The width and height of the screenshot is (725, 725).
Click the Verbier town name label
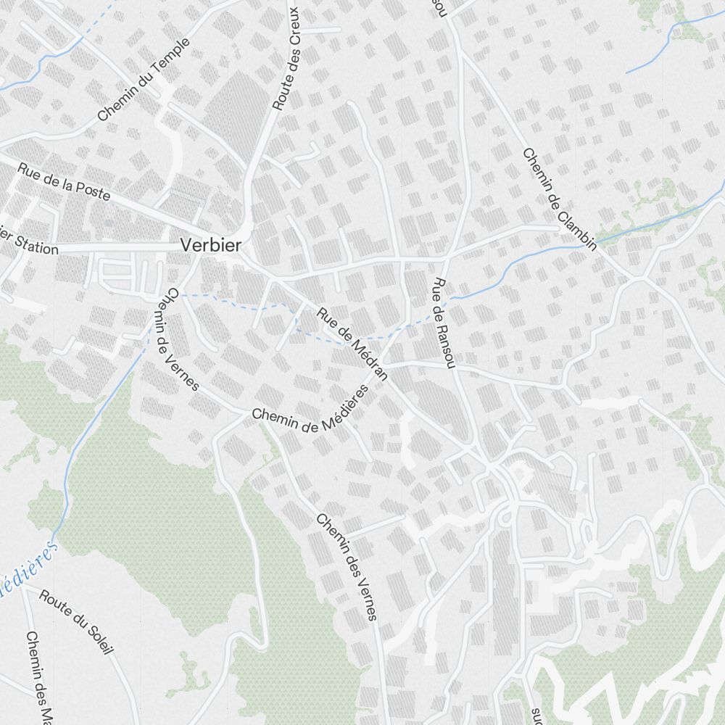(211, 244)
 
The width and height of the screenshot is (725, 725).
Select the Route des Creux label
(286, 59)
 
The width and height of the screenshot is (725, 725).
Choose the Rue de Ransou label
(444, 323)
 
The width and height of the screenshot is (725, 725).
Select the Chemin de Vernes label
(178, 339)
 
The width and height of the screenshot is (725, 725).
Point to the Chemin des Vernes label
(347, 567)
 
